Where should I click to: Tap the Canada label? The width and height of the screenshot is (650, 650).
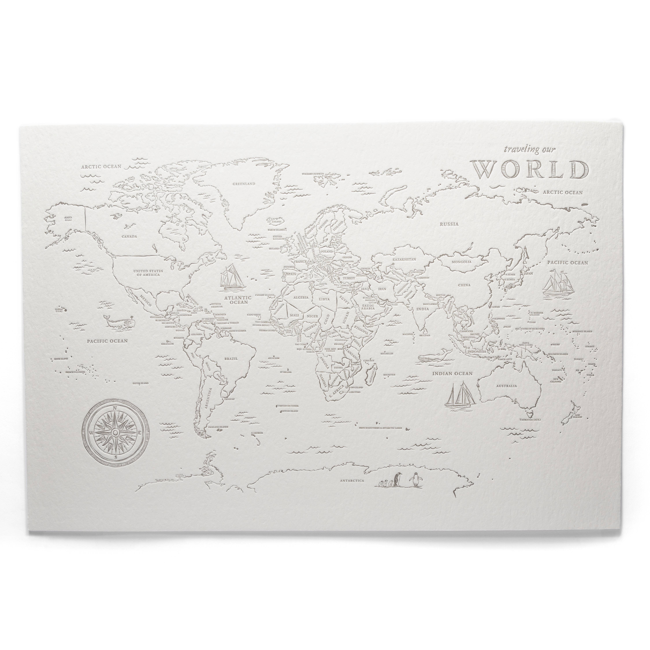[129, 236]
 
